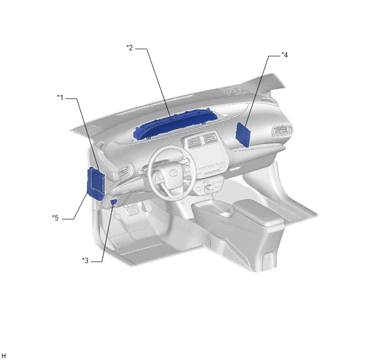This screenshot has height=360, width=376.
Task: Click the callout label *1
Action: pyautogui.click(x=60, y=98)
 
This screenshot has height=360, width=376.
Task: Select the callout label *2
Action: pyautogui.click(x=130, y=48)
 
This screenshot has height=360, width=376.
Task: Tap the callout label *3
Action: pyautogui.click(x=85, y=260)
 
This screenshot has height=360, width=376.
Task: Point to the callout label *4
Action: pyautogui.click(x=285, y=55)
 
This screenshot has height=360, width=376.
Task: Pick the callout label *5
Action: pyautogui.click(x=55, y=218)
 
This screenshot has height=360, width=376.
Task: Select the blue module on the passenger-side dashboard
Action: pyautogui.click(x=243, y=135)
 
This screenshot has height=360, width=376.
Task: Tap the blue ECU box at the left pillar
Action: pyautogui.click(x=96, y=183)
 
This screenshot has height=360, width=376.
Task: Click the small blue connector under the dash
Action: pyautogui.click(x=114, y=201)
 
